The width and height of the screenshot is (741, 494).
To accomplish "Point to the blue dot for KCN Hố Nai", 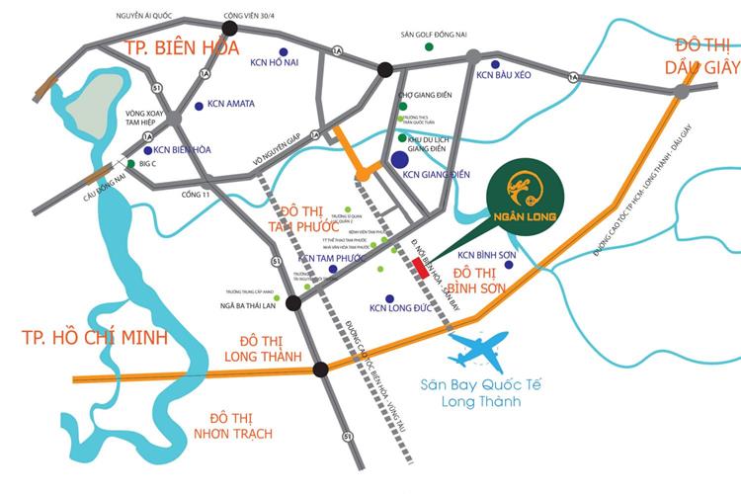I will (284, 51).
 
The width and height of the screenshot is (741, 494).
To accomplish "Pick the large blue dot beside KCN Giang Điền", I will (399, 159).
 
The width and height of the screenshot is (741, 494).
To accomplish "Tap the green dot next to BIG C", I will (130, 164).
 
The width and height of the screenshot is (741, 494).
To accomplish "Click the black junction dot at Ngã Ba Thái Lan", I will (293, 304).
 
